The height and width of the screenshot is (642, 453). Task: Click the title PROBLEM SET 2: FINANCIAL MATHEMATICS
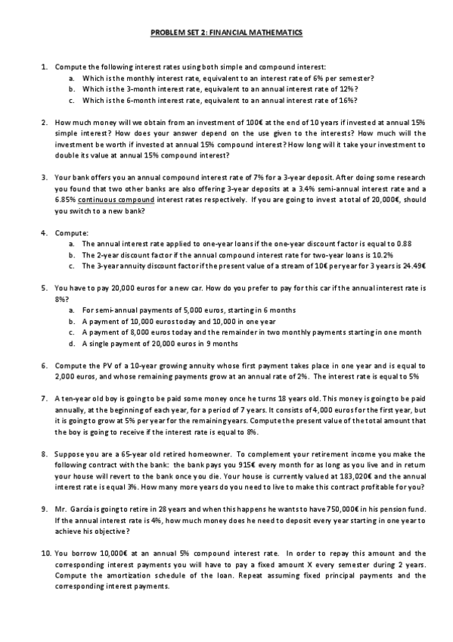226,33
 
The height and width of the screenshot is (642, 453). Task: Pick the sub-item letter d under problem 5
71,342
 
